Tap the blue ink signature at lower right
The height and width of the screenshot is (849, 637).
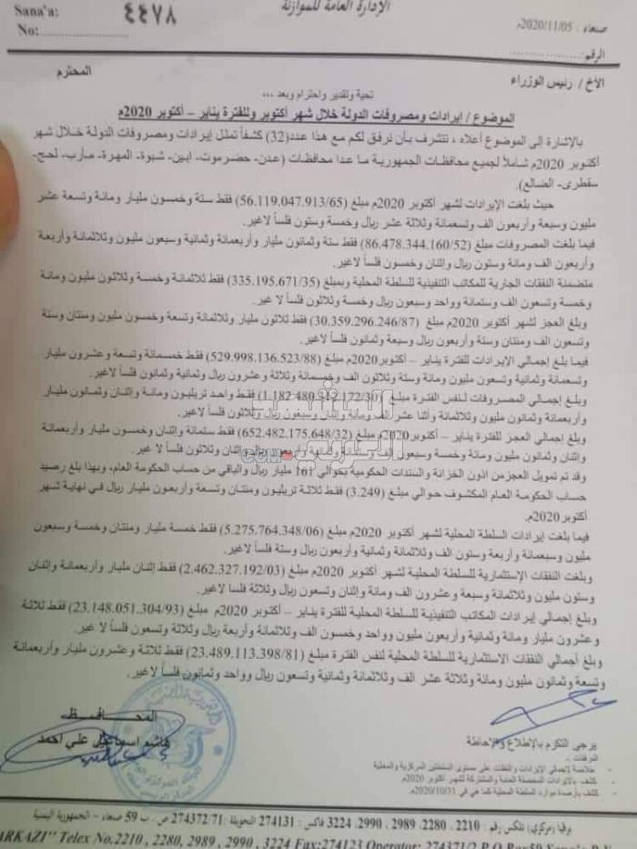tap(546, 706)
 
